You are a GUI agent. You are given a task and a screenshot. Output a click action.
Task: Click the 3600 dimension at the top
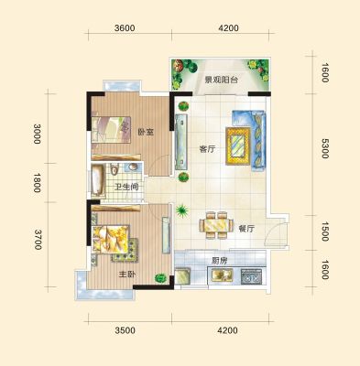click(125, 28)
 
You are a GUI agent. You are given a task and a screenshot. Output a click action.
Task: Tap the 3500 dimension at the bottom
click(125, 330)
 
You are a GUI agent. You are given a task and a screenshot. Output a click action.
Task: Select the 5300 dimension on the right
click(324, 148)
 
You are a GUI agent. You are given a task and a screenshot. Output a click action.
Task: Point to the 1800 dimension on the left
click(37, 183)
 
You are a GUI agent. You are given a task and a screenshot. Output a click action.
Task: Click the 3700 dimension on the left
click(38, 240)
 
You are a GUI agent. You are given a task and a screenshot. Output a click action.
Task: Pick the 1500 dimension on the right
click(325, 231)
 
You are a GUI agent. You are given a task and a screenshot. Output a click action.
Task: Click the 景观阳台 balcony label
click(221, 81)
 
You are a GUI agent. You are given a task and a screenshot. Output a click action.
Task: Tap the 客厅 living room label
click(207, 149)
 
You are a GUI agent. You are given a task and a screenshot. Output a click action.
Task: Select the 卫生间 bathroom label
click(126, 187)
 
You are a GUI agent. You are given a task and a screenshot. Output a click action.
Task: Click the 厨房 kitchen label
click(220, 261)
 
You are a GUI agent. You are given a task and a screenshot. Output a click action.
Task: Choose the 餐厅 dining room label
click(246, 229)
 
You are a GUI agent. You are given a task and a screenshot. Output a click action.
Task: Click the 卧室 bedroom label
click(146, 132)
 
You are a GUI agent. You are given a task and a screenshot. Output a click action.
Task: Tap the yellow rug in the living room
click(238, 146)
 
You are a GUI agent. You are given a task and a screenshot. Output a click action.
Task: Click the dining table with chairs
click(216, 225)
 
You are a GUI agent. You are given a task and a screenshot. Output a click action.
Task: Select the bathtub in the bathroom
click(98, 179)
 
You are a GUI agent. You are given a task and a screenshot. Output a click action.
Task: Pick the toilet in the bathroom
click(114, 169)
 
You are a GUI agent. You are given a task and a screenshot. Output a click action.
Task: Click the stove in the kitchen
click(251, 275)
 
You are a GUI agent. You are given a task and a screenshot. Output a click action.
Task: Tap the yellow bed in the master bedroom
click(111, 239)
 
